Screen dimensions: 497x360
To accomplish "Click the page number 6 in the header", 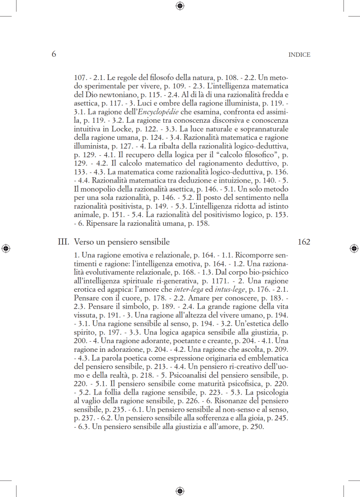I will (x=53, y=54).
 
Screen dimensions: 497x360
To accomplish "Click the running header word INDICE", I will (x=299, y=55).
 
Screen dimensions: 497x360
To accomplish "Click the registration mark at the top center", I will (x=180, y=6).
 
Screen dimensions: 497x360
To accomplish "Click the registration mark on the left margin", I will (x=6, y=248).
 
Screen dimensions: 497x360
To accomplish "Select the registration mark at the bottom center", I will (x=180, y=491).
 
